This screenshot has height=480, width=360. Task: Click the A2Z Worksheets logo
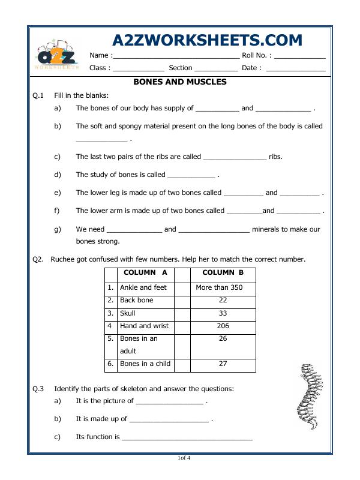58,56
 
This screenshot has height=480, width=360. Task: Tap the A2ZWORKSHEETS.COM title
207,40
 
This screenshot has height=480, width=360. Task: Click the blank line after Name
176,56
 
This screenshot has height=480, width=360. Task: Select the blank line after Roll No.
299,56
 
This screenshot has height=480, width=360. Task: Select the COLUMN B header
219,273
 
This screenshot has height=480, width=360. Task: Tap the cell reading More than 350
219,287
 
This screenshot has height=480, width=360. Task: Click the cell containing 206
219,326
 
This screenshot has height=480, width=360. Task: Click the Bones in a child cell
145,364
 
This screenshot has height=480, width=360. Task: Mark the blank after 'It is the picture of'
170,402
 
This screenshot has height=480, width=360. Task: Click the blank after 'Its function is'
187,438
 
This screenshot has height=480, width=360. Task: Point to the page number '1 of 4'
184,458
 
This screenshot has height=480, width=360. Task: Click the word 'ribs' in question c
275,157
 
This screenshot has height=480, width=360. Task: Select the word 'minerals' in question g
268,229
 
